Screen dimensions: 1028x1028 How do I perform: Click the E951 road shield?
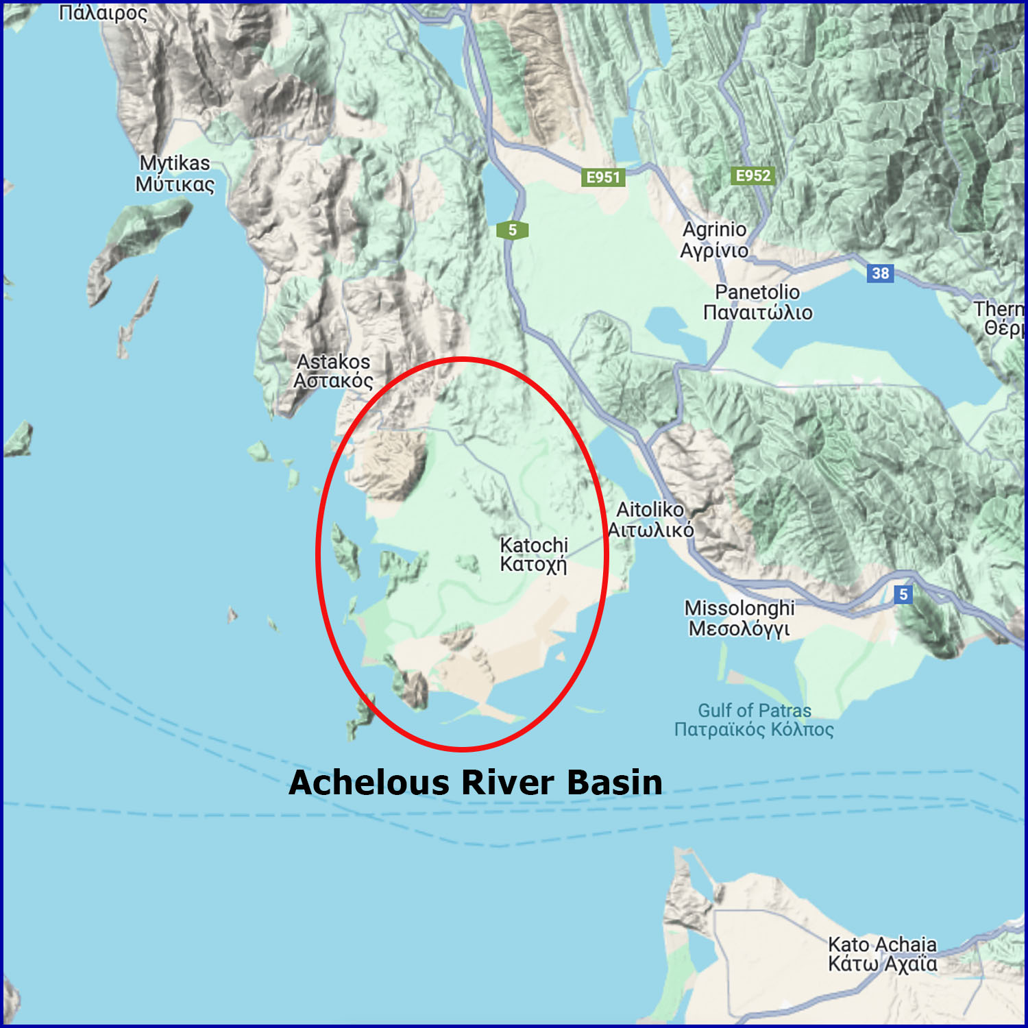point(603,178)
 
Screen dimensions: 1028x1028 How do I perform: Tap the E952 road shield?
point(752,175)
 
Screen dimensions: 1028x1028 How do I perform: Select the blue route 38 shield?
point(880,273)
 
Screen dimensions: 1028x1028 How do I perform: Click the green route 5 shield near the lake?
point(512,230)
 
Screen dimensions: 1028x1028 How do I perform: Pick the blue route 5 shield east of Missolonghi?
point(903,594)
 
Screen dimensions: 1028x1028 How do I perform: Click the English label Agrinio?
point(714,230)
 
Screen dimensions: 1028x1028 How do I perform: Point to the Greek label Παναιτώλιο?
point(757,313)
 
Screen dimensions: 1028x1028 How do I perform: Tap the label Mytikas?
point(175,163)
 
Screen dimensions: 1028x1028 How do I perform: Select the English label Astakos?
point(333,362)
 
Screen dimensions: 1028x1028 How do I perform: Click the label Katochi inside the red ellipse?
point(534,546)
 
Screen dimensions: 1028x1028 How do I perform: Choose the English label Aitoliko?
point(650,510)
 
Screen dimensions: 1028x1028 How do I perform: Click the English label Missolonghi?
point(739,608)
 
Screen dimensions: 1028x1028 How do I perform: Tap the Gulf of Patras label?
point(754,711)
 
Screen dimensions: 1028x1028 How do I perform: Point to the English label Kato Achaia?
point(882,944)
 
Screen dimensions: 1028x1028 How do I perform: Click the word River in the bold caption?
point(506,783)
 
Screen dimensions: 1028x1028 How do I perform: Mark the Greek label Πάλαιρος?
point(103,12)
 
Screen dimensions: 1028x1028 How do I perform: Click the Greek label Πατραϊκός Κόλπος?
point(754,729)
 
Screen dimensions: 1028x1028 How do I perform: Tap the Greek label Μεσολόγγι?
point(739,628)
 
